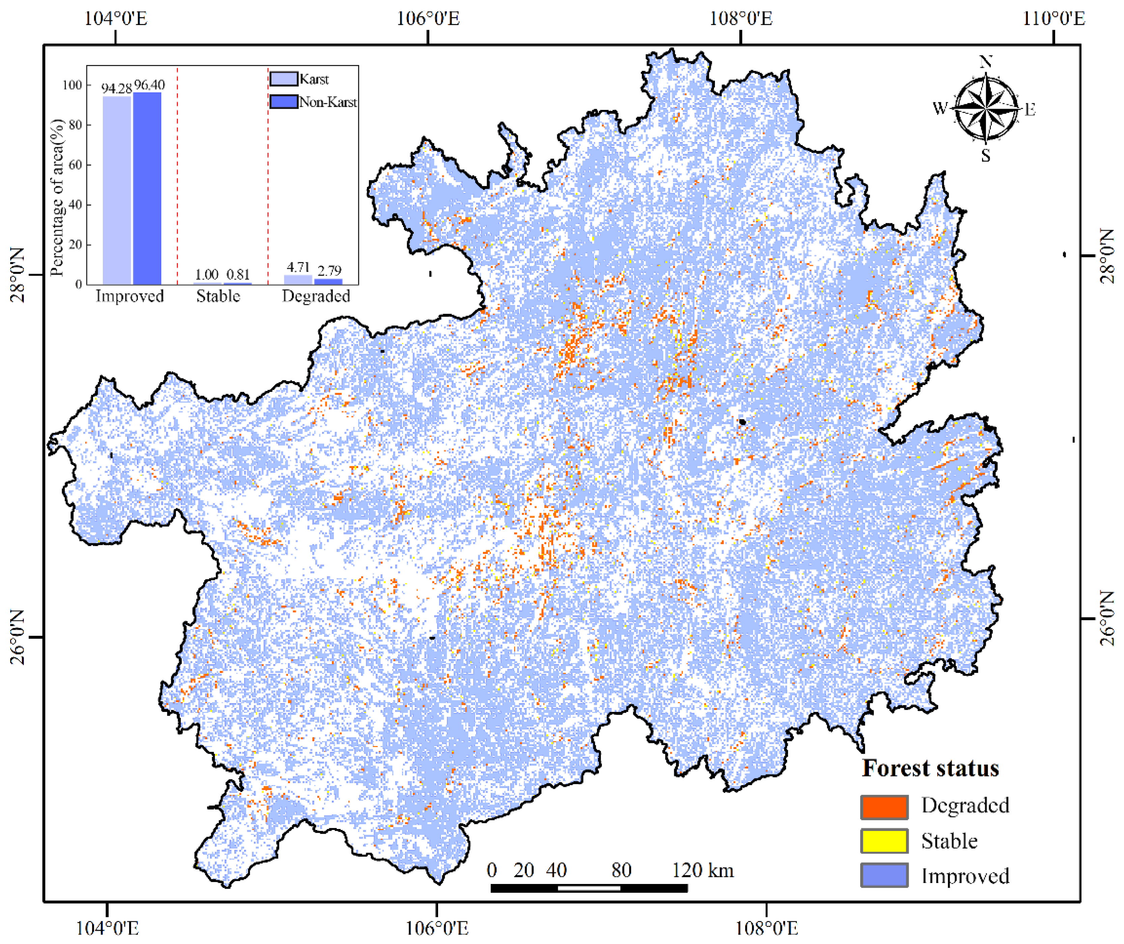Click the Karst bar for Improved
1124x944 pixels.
[117, 190]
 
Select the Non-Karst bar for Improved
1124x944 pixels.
[147, 189]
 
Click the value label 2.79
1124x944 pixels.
[329, 270]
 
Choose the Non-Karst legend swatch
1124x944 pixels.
[284, 102]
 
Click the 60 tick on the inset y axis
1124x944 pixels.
[76, 165]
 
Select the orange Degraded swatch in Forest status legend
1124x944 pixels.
[884, 807]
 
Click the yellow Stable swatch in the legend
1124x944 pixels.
[884, 841]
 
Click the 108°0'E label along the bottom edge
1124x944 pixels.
[767, 928]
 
